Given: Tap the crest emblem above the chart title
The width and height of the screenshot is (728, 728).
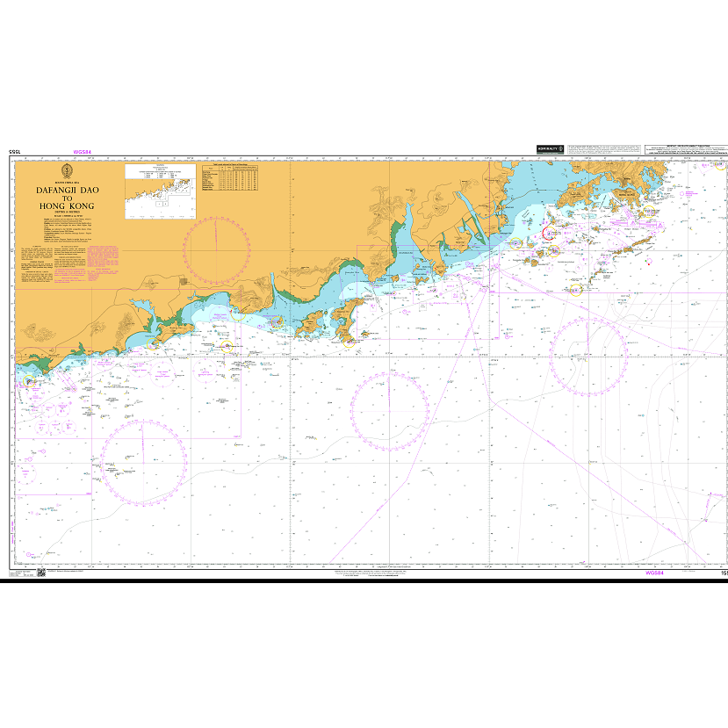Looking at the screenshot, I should tap(68, 170).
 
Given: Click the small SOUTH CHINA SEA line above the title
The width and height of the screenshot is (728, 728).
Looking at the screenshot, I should tap(68, 182).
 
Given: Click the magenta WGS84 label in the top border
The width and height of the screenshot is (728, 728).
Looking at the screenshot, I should tap(83, 151).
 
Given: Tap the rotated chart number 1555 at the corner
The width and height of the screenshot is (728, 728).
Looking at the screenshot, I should tap(14, 152).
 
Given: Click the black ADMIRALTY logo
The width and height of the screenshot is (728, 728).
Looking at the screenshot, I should tap(551, 149).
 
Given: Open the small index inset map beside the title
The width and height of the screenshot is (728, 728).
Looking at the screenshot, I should tap(159, 191).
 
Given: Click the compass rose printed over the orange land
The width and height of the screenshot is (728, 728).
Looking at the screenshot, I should tap(217, 250).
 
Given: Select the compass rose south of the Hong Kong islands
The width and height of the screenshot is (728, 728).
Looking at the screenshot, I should tap(588, 356).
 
